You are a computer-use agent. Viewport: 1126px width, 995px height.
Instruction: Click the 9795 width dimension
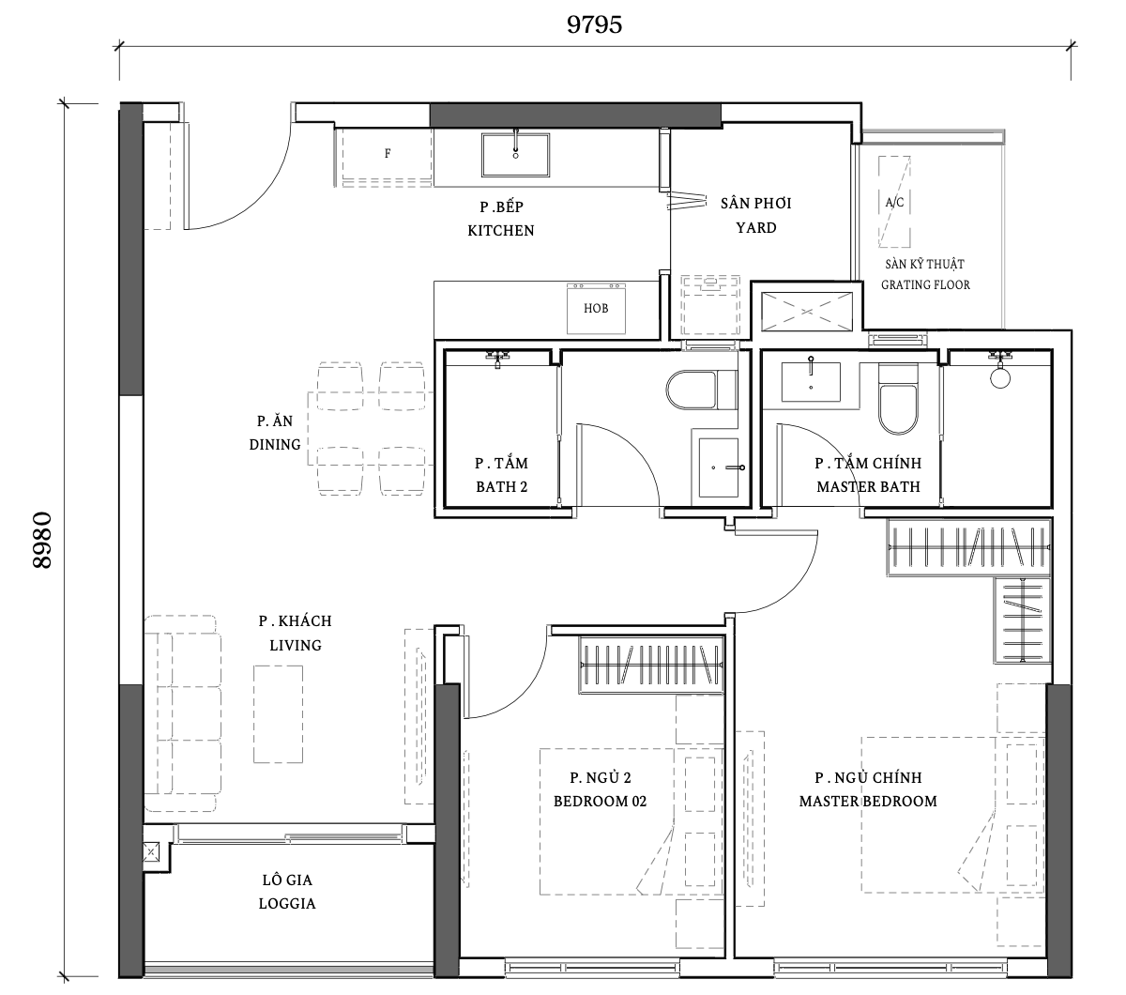coord(594,25)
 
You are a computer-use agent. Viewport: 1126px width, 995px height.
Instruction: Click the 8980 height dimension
coord(42,540)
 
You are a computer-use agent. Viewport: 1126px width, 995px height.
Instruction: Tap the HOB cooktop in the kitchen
coord(596,308)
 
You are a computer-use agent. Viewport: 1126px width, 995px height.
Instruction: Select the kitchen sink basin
coord(515,155)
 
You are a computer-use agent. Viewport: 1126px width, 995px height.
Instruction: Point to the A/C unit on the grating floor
coord(894,201)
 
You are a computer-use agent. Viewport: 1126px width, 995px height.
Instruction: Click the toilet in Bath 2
coord(701,390)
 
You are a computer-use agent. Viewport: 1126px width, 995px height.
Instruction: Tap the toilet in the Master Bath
coord(898,399)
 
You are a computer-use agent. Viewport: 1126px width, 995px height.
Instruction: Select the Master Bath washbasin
coord(811,381)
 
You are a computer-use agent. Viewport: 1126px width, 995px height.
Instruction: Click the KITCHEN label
coord(501,230)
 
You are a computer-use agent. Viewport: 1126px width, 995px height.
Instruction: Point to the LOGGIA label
coord(287,903)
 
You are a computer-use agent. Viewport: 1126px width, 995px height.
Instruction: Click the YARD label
coord(756,227)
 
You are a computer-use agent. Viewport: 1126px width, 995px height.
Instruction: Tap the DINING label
coord(275,444)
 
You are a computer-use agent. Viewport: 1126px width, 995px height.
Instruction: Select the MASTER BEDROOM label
coord(868,801)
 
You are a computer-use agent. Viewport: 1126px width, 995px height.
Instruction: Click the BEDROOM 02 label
coord(600,801)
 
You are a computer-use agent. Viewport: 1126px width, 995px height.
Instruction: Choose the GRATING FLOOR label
coord(925,284)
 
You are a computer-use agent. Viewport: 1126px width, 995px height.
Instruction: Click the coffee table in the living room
coord(279,714)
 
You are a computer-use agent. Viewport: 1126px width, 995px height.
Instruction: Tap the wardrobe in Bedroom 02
coord(651,666)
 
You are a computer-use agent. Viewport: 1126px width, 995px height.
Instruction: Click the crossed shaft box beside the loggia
coord(151,852)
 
